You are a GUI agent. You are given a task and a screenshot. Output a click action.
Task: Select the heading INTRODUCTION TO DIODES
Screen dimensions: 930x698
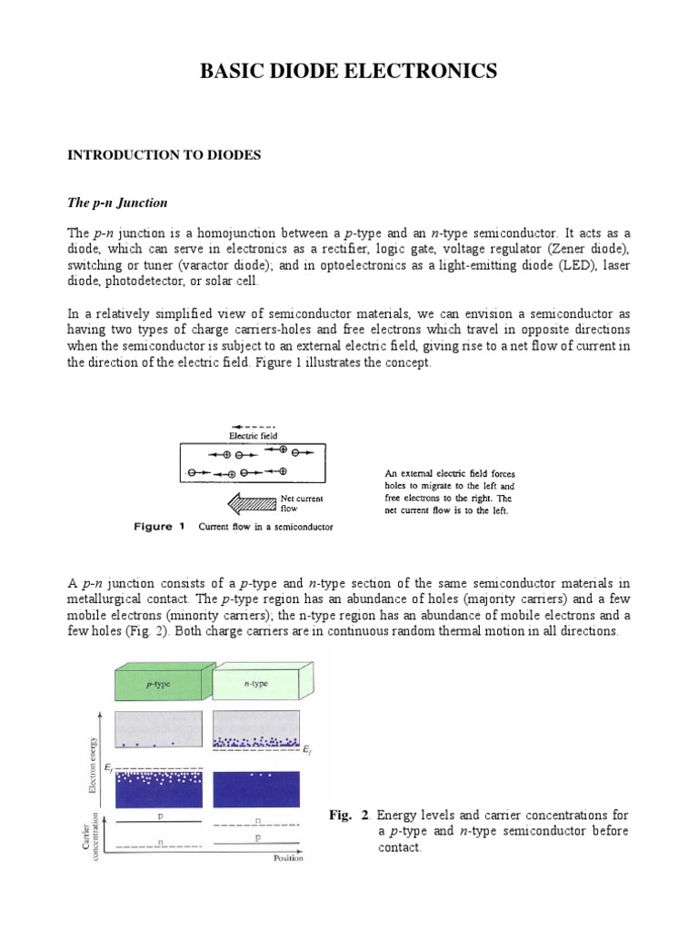(x=165, y=155)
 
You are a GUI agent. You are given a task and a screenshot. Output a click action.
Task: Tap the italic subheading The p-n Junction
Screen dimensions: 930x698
(x=118, y=203)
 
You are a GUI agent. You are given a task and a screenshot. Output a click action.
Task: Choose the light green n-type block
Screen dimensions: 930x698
(x=257, y=681)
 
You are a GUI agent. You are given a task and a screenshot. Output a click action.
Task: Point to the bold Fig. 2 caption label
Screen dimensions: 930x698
(x=346, y=816)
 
